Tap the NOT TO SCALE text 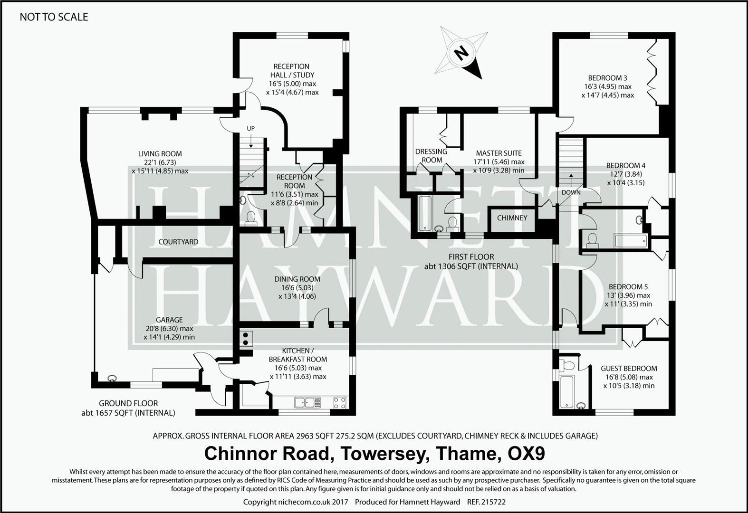[54, 17]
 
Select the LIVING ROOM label [160, 154]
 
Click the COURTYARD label [178, 242]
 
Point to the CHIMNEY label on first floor [512, 218]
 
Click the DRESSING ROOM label [432, 156]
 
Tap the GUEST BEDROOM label [629, 369]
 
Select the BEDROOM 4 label [625, 166]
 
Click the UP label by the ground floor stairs [250, 129]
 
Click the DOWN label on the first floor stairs [571, 192]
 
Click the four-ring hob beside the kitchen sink [340, 402]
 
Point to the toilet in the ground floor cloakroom [250, 218]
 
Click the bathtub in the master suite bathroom [425, 214]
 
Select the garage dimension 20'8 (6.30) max [169, 329]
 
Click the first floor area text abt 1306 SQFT [471, 266]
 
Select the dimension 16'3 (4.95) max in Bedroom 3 [608, 86]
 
